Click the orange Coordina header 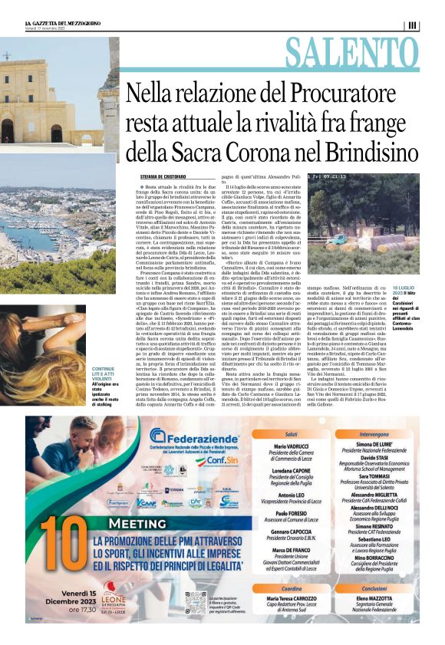click(296, 588)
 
